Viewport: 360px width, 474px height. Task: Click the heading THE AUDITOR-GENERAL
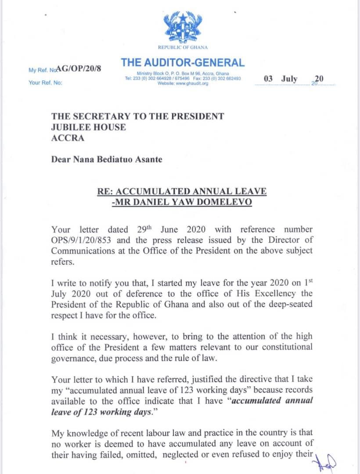tap(183, 62)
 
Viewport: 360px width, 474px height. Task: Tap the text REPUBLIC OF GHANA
tap(183, 47)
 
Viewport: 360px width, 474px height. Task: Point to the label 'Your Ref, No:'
tap(45, 82)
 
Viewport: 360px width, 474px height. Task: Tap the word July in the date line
tap(289, 79)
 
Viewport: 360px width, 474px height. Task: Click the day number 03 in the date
tap(268, 79)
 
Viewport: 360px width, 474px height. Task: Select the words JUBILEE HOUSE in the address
tap(89, 127)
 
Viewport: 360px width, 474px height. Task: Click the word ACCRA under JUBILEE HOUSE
tap(66, 138)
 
